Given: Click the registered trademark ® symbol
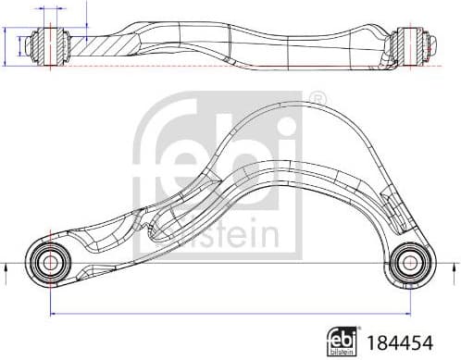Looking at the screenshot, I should pyautogui.click(x=316, y=96).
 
